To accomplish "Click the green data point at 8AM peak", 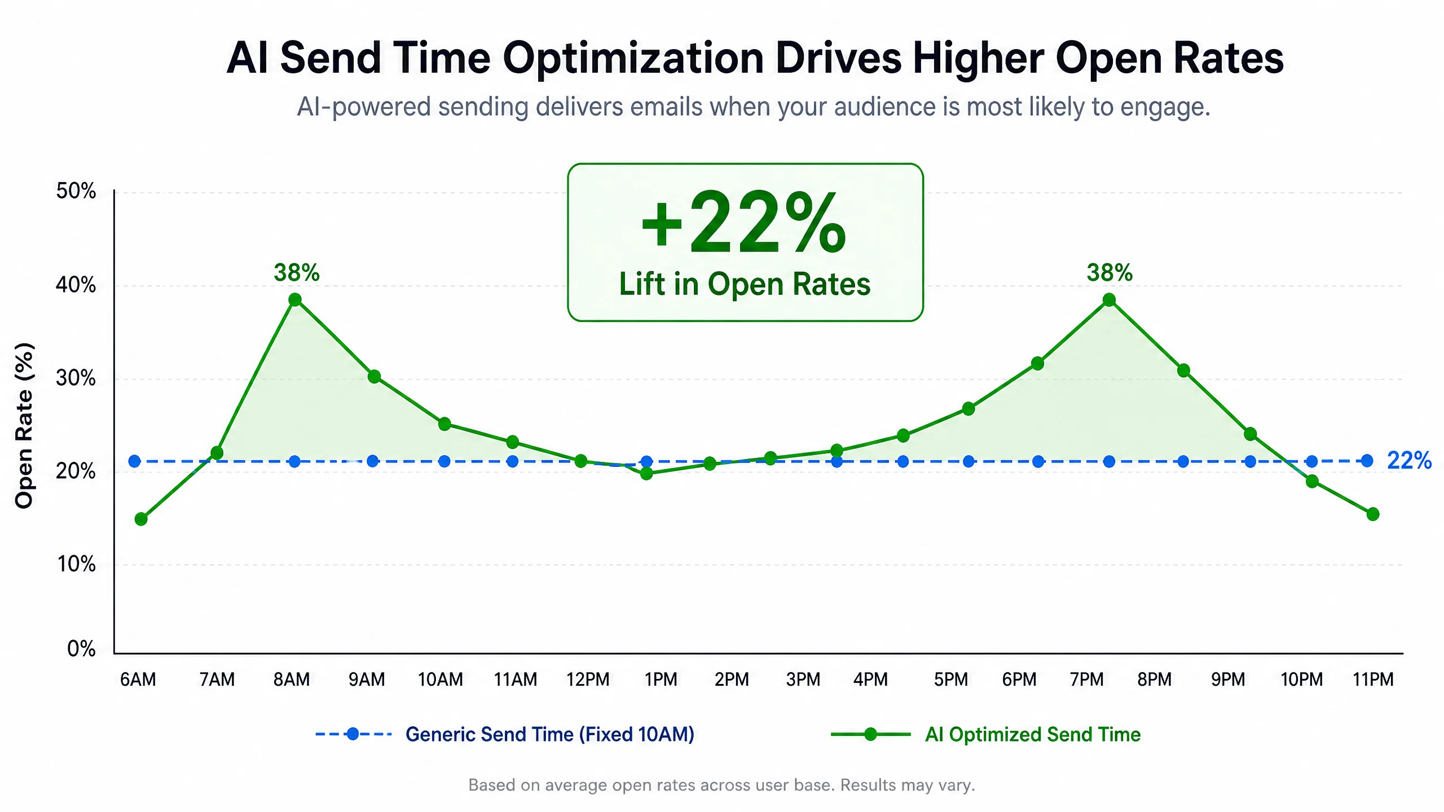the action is (295, 299).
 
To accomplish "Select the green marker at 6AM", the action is (141, 519).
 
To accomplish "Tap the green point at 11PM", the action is (1373, 514).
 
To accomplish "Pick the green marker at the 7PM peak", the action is (1109, 299).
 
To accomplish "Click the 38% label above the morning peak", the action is (297, 272).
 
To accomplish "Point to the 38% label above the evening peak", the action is (1110, 272).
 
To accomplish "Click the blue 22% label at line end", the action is (1409, 460).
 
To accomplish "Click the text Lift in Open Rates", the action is (745, 284).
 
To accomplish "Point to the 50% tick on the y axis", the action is (76, 191).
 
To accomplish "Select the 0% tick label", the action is (81, 648).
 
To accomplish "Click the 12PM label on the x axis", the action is (588, 679).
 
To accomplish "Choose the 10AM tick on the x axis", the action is (440, 679).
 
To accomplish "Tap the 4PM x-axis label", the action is (870, 679).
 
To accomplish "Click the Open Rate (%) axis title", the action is (24, 426).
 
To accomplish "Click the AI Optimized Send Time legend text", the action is (1033, 734).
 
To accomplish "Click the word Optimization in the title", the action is (633, 59).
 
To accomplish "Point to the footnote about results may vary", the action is (721, 785).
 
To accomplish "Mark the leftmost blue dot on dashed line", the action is (134, 461).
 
